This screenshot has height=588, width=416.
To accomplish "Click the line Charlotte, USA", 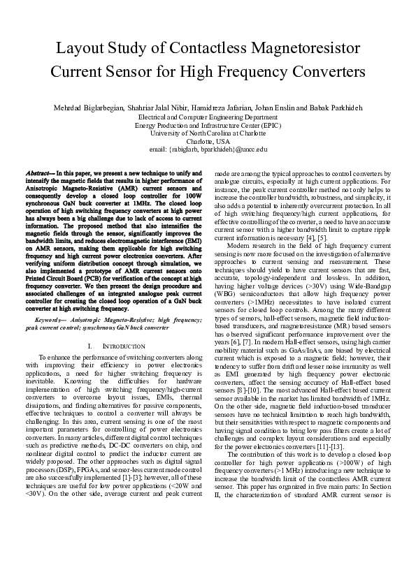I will click(x=208, y=141).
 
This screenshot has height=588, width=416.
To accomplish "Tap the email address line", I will click(x=208, y=149).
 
